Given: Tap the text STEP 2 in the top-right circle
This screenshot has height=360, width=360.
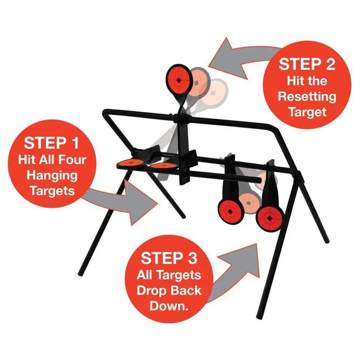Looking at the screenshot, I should tap(307, 65).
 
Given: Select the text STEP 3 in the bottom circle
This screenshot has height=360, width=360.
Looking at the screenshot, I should tap(169, 258).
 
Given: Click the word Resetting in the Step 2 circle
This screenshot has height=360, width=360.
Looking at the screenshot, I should tap(307, 96).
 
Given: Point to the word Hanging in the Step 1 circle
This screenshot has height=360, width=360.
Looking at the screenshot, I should tap(52, 175).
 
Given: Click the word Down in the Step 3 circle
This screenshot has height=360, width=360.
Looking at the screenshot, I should tap(168, 306).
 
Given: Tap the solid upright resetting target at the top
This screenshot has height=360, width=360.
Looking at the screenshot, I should tap(179, 79).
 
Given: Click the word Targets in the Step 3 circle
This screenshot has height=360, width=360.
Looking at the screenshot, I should tap(169, 275).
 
